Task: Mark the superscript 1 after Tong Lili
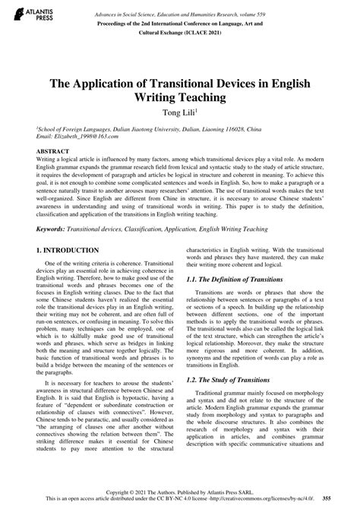tap(200, 111)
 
